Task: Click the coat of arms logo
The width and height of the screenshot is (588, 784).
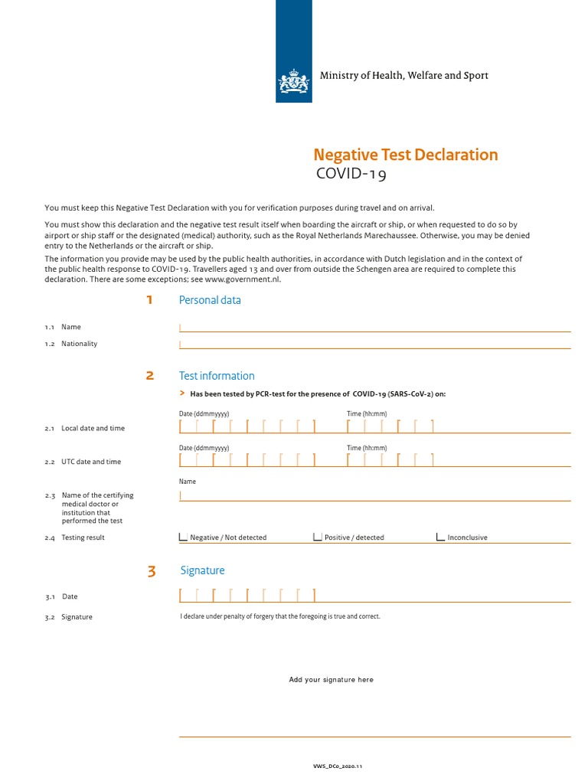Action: [294, 79]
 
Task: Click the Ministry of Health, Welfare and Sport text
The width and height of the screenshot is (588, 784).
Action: [403, 75]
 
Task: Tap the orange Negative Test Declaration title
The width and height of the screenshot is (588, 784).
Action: [407, 155]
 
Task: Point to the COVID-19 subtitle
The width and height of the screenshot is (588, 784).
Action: [351, 175]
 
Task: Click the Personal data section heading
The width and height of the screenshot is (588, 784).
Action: [210, 300]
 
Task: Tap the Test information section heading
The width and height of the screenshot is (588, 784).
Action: [217, 376]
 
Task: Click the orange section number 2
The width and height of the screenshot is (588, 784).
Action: [150, 376]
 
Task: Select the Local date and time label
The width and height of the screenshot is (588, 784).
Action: [93, 428]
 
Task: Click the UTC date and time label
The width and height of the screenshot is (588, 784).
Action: [91, 462]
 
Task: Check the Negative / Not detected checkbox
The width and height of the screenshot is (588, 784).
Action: [183, 537]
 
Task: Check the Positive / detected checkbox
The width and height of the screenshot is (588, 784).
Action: [318, 537]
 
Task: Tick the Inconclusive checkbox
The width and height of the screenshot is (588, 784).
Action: [440, 537]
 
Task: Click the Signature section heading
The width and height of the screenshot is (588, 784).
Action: [203, 570]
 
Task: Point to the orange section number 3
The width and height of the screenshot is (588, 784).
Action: [152, 571]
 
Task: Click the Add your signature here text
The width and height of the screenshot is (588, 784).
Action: [331, 680]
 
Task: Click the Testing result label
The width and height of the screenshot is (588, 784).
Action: [83, 537]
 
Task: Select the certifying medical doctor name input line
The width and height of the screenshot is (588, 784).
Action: [374, 496]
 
